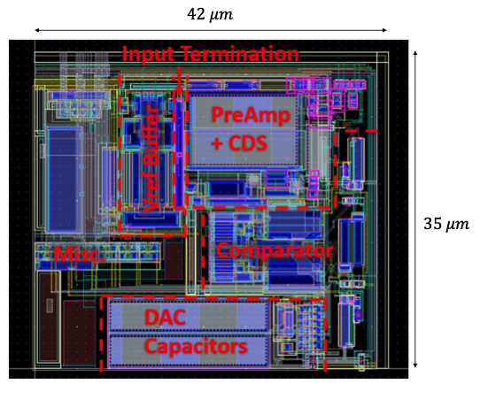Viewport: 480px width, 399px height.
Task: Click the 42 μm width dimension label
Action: pos(210,14)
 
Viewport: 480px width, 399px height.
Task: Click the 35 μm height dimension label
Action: pos(446,224)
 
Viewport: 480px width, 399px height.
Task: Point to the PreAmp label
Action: pos(251,115)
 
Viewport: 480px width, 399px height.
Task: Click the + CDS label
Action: pos(239,142)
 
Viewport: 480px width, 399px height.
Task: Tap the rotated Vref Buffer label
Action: pos(151,158)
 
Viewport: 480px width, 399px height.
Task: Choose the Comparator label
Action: pos(275,250)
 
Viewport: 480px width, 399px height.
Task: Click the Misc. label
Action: pos(79,254)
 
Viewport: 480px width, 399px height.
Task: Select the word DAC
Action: pos(165,317)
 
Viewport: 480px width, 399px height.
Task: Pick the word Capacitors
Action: pos(196,346)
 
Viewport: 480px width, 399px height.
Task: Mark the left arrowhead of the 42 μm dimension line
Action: pos(37,30)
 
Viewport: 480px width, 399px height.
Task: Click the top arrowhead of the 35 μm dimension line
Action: pos(415,53)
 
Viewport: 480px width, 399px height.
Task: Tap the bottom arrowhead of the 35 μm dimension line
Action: pos(415,365)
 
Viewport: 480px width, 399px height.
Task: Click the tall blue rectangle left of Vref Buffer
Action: pos(64,180)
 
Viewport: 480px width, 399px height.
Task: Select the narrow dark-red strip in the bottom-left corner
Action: pos(49,317)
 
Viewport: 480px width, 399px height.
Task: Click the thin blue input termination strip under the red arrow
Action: pos(180,153)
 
